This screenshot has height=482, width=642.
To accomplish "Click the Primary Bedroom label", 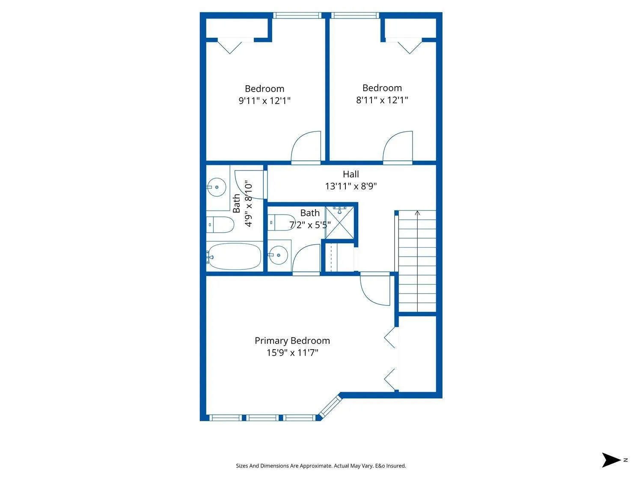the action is click(292, 341).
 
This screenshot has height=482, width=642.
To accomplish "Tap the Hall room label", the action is click(351, 174).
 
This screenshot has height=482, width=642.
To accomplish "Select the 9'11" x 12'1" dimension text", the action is click(265, 101).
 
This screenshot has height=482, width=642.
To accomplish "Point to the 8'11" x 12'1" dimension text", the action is click(382, 100).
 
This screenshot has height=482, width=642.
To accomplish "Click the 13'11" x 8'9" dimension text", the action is click(351, 186).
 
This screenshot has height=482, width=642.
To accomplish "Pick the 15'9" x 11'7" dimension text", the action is click(292, 353).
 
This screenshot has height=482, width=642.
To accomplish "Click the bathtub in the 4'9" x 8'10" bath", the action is click(234, 256).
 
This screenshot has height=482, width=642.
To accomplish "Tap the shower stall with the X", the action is click(339, 222).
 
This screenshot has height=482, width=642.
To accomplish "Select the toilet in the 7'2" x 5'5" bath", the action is click(281, 222).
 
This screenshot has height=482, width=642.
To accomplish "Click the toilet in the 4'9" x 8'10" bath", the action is click(220, 225).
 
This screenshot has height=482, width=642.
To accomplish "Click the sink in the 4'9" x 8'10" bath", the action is click(217, 187).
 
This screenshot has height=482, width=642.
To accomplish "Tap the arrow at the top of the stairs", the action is click(417, 213).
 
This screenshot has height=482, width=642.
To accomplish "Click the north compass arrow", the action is click(611, 460).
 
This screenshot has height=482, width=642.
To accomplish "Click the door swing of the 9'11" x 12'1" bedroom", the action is click(306, 147).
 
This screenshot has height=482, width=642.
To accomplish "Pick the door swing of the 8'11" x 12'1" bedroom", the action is click(398, 147).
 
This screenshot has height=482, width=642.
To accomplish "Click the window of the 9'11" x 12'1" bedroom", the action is click(297, 15).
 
